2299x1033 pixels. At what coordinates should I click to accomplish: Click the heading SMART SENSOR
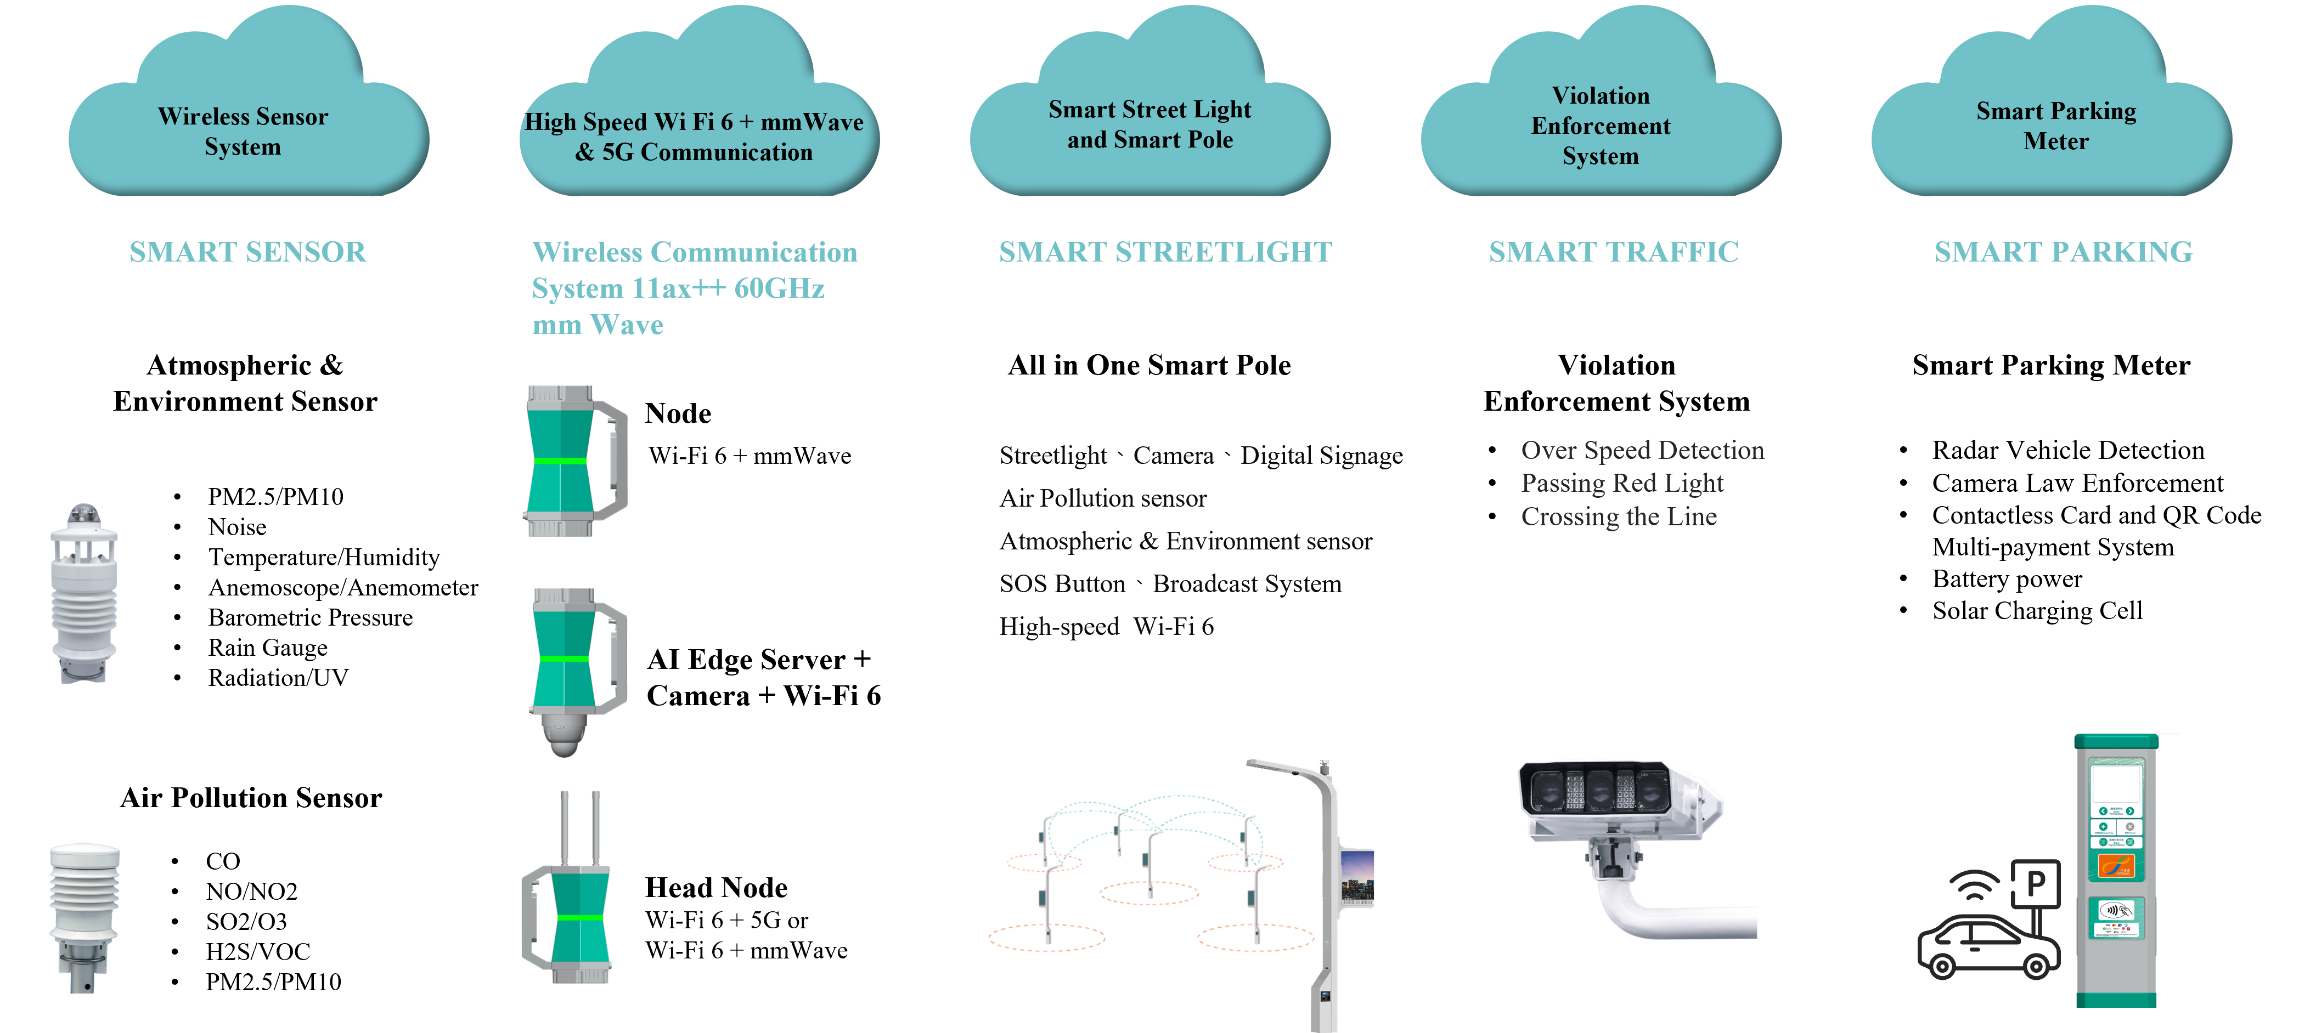pos(247,252)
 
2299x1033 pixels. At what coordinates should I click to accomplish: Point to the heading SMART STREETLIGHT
pos(1165,252)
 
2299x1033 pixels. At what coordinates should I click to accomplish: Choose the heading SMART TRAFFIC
pos(1613,252)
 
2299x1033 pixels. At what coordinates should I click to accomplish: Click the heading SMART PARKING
pos(2063,252)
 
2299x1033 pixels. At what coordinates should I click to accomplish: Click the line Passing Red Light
pos(1621,484)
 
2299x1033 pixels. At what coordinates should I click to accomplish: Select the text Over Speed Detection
pos(1642,451)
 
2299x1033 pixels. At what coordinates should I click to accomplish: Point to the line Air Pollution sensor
pos(1103,498)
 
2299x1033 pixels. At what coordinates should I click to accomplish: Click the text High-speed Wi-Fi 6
pos(1107,627)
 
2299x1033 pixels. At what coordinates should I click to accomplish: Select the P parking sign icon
pos(2036,883)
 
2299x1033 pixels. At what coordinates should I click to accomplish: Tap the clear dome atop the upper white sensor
pos(83,513)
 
